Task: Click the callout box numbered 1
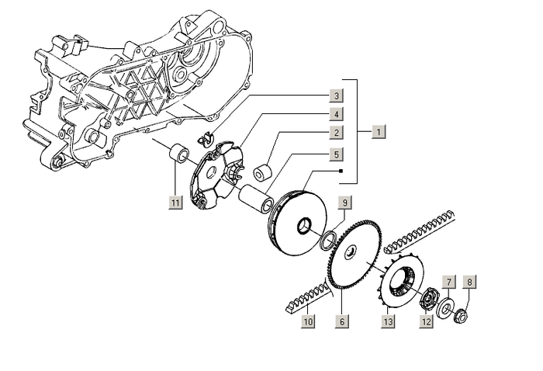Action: pyautogui.click(x=378, y=131)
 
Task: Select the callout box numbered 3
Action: pyautogui.click(x=336, y=96)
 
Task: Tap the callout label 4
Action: pyautogui.click(x=336, y=115)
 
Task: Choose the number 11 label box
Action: pyautogui.click(x=176, y=203)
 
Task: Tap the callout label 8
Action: pyautogui.click(x=469, y=281)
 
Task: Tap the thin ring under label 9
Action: pyautogui.click(x=330, y=238)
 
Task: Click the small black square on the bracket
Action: pyautogui.click(x=341, y=170)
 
